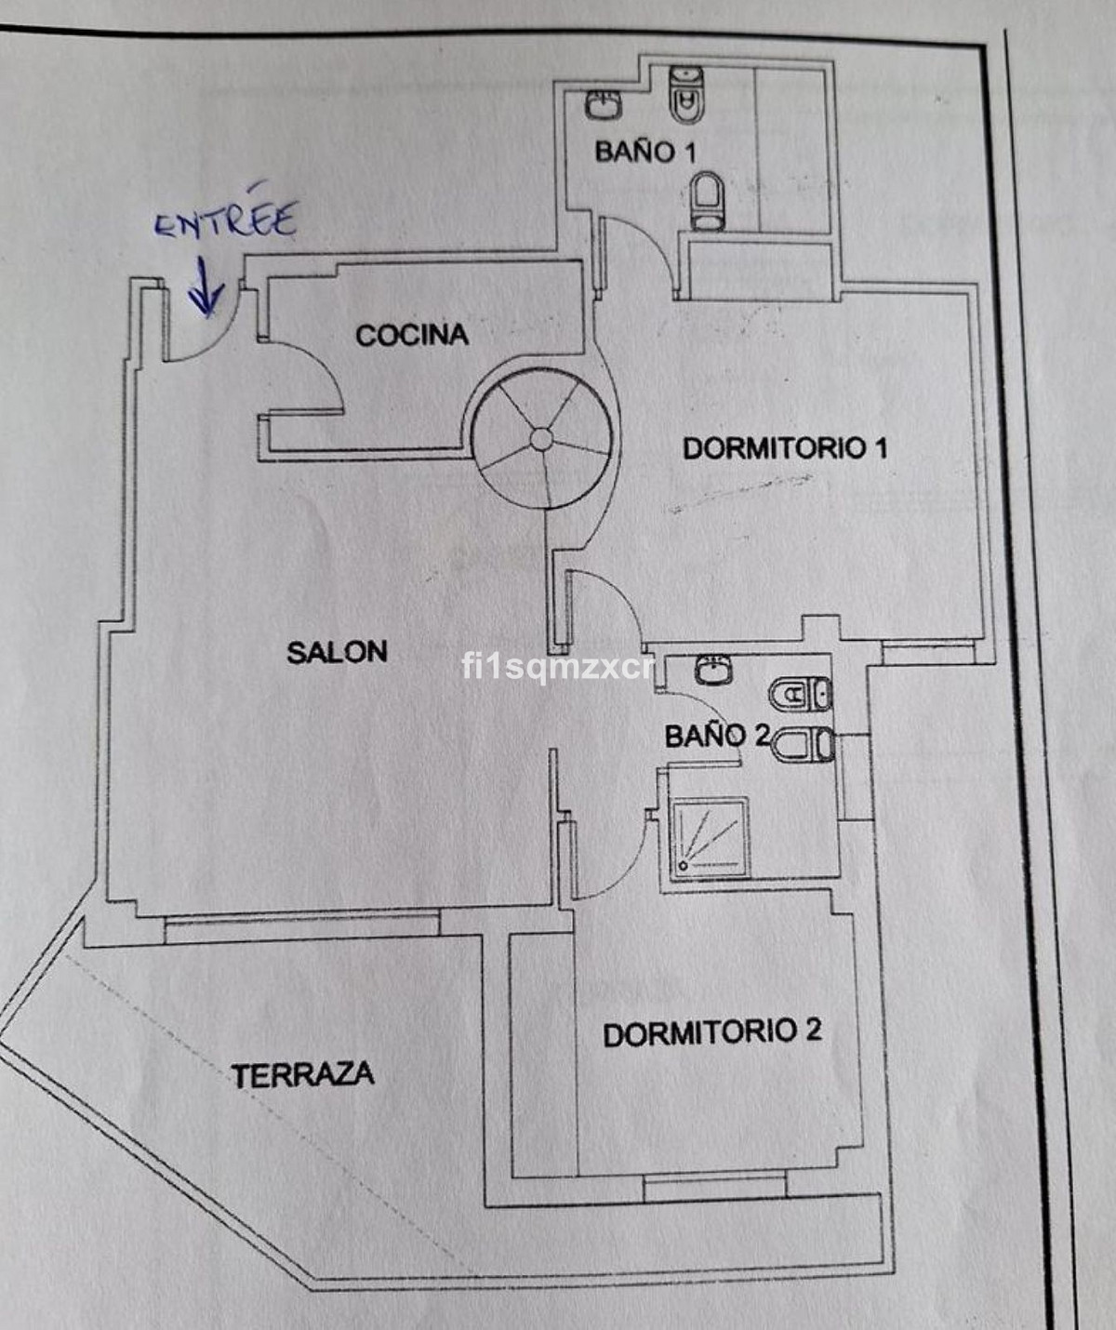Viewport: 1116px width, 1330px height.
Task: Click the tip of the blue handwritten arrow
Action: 206,314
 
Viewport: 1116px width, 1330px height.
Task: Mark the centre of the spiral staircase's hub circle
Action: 541,439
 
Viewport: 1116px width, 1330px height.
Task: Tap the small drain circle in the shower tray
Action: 684,866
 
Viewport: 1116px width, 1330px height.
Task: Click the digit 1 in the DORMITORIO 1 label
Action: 880,449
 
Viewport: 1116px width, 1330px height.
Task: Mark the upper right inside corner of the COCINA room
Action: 583,261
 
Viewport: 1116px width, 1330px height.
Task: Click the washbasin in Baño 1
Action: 603,105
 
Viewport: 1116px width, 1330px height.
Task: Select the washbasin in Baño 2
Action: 713,670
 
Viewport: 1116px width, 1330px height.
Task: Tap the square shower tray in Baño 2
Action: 709,838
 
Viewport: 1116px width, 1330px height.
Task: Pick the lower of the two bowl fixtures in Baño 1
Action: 707,200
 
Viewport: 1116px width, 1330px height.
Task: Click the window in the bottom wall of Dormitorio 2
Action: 714,1187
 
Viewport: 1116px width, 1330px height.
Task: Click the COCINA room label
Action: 413,335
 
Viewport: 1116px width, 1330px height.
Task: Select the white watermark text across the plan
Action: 558,667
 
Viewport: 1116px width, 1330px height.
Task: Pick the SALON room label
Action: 337,652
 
